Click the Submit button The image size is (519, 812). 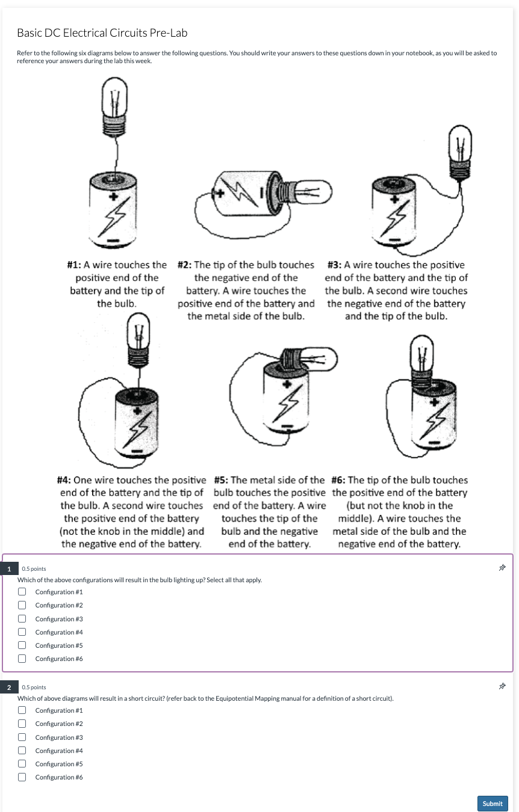[492, 803]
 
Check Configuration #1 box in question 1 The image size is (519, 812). [22, 591]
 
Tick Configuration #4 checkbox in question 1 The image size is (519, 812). [22, 632]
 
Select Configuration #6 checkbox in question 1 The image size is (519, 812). [22, 659]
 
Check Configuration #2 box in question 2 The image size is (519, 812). [22, 724]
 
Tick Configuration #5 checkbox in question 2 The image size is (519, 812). [22, 764]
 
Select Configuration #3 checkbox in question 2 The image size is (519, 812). [22, 737]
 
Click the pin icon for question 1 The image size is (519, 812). [500, 567]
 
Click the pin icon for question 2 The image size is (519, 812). [500, 686]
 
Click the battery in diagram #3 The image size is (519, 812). [394, 211]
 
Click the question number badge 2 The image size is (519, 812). [8, 686]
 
